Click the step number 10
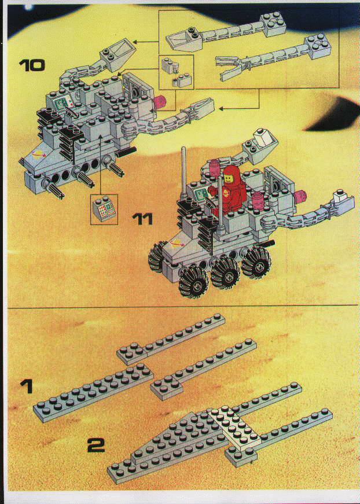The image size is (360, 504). pos(32,65)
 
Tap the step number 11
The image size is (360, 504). pos(143,219)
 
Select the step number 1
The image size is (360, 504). pos(27,386)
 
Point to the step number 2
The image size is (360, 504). pos(96,446)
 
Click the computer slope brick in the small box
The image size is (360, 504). pos(104,209)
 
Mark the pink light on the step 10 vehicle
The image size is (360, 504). pos(159,102)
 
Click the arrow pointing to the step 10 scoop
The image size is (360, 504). pos(146,42)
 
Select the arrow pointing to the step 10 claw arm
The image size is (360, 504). pos(240,109)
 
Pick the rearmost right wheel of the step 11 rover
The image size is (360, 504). pos(256,262)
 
